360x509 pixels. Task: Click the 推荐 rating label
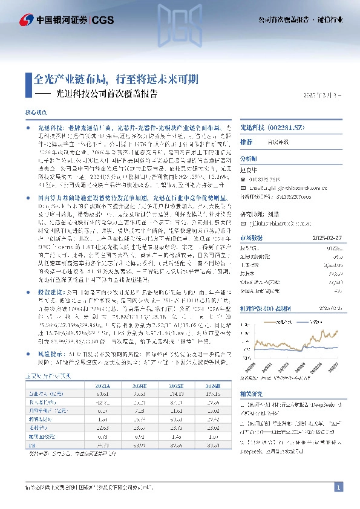pos(246,141)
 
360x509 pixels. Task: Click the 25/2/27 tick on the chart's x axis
pos(333,366)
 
